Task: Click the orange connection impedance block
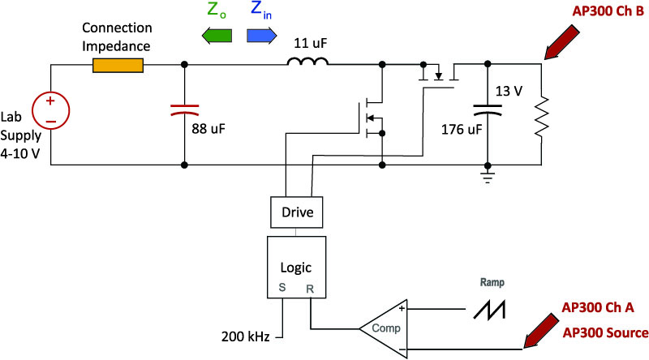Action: [118, 66]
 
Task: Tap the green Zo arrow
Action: [217, 36]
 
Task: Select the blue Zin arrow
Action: [261, 36]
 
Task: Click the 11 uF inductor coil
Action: [308, 62]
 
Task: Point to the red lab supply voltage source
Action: [51, 110]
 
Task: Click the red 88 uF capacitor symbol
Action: [185, 109]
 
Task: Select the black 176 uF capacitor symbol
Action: [488, 109]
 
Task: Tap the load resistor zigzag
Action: [541, 117]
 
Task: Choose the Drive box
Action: [297, 212]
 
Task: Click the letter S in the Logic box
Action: [282, 287]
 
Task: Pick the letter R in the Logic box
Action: [310, 289]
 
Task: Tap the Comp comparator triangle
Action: [383, 329]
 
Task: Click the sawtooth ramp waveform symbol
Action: [490, 310]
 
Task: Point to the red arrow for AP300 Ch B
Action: [561, 42]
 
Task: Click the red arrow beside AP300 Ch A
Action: [541, 331]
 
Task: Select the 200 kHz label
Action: [245, 336]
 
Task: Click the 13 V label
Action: [509, 91]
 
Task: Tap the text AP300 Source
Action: [605, 332]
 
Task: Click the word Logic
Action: [296, 268]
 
